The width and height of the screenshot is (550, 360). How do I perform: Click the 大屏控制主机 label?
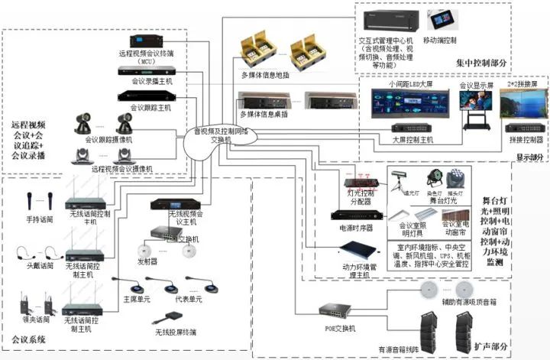pos(412,140)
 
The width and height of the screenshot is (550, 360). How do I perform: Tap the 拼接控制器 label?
pos(526,140)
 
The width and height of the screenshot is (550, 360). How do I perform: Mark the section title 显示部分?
pos(529,157)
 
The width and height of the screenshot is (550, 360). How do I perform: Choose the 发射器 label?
pos(147,261)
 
